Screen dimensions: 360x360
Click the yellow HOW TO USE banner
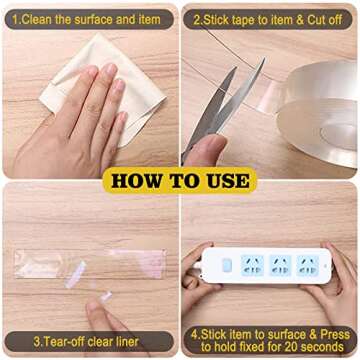pyautogui.click(x=180, y=181)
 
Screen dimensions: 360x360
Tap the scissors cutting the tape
pyautogui.click(x=215, y=110)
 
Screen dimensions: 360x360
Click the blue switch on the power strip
pyautogui.click(x=226, y=267)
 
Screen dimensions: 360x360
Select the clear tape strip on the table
pyautogui.click(x=90, y=262)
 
